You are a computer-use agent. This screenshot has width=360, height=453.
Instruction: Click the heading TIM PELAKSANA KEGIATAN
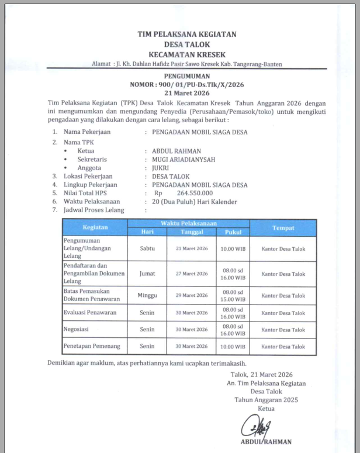pyautogui.click(x=186, y=34)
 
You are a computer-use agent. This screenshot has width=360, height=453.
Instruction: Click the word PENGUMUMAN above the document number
pyautogui.click(x=186, y=77)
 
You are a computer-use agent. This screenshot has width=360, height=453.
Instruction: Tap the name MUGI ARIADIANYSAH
pyautogui.click(x=184, y=159)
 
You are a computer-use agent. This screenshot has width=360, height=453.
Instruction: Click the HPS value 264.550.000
pyautogui.click(x=194, y=193)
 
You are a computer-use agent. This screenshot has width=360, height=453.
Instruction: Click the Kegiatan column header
pyautogui.click(x=95, y=227)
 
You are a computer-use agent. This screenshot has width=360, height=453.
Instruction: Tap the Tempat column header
pyautogui.click(x=283, y=227)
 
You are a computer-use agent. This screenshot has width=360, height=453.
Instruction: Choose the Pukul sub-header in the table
pyautogui.click(x=233, y=231)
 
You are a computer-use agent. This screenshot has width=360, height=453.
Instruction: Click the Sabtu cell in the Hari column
pyautogui.click(x=147, y=248)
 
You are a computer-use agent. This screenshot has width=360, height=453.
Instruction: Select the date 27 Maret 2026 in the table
pyautogui.click(x=192, y=274)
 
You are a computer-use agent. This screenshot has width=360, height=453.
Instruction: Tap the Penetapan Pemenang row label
pyautogui.click(x=92, y=346)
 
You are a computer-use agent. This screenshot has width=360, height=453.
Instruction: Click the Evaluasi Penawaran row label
pyautogui.click(x=89, y=313)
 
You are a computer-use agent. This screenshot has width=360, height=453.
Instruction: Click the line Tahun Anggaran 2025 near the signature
pyautogui.click(x=266, y=400)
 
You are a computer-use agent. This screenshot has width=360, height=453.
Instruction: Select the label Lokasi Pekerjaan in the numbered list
pyautogui.click(x=88, y=176)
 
